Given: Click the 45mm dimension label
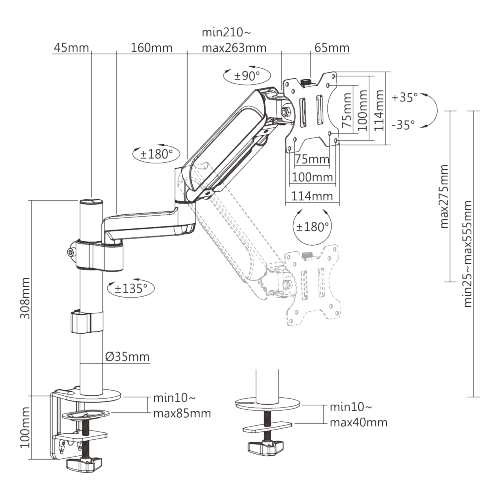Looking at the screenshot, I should [x=71, y=48].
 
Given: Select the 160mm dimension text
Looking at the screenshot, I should [x=151, y=48].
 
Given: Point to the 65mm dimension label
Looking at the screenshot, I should [x=331, y=48].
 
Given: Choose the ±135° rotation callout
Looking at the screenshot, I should [x=131, y=288].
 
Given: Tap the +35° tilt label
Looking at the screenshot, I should [x=405, y=98].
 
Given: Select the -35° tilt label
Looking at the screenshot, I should [x=405, y=125].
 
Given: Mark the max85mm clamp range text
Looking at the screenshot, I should [x=181, y=412].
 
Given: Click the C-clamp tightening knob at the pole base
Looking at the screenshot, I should [x=82, y=463].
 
